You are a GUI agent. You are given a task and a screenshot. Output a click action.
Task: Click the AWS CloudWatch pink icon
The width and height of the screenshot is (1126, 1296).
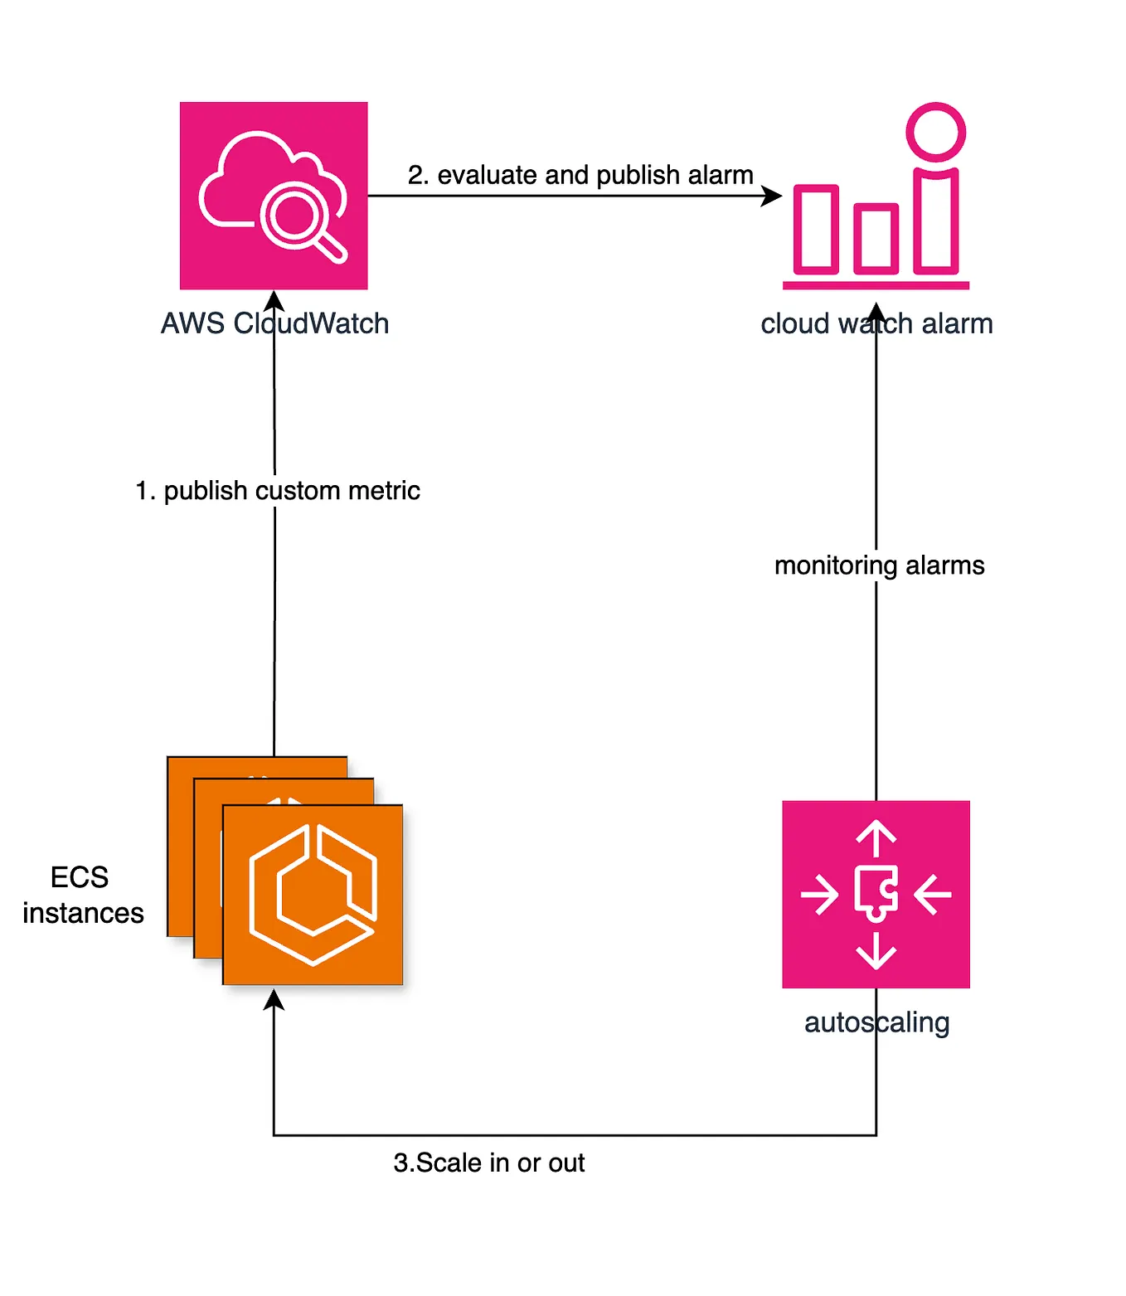[x=274, y=195]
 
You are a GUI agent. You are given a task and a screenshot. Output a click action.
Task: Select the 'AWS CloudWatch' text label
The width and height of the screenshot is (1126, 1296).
[x=274, y=323]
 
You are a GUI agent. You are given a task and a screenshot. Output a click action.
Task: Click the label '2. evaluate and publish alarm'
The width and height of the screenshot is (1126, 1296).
[x=580, y=175]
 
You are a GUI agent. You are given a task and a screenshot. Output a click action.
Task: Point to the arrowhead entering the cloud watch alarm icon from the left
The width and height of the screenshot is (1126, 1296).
[x=772, y=196]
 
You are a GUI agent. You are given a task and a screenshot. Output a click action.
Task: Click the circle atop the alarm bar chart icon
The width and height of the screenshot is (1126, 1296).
[x=936, y=132]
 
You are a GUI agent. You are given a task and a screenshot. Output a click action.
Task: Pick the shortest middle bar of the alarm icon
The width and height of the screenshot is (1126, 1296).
[x=876, y=239]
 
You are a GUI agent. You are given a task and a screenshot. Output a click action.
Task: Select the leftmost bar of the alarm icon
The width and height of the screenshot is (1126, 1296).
[x=816, y=229]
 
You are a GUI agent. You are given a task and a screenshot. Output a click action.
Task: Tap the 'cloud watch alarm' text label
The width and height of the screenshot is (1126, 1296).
[x=876, y=323]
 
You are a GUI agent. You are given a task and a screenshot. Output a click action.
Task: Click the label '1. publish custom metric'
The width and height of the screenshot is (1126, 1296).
[x=278, y=491]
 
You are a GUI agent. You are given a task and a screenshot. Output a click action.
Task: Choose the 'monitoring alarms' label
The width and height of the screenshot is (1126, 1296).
[x=879, y=565]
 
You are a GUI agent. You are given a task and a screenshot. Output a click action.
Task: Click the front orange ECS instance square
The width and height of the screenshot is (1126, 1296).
[x=313, y=895]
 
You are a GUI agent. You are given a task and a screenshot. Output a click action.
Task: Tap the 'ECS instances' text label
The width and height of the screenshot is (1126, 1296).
[x=82, y=896]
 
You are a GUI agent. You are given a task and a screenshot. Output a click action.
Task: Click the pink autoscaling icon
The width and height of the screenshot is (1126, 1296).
[x=876, y=894]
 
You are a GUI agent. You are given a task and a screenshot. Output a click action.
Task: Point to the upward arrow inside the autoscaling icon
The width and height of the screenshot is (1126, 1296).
[x=876, y=837]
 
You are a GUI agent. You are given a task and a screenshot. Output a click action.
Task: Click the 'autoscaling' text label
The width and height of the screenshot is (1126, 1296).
[x=876, y=1022]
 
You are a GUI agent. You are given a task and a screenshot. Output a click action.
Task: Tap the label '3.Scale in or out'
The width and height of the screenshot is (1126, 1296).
[x=489, y=1163]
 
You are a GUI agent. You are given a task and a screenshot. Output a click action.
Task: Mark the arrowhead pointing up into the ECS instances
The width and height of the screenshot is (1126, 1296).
[x=274, y=1000]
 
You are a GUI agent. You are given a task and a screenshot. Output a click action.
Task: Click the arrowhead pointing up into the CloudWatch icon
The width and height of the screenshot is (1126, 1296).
[x=274, y=301]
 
